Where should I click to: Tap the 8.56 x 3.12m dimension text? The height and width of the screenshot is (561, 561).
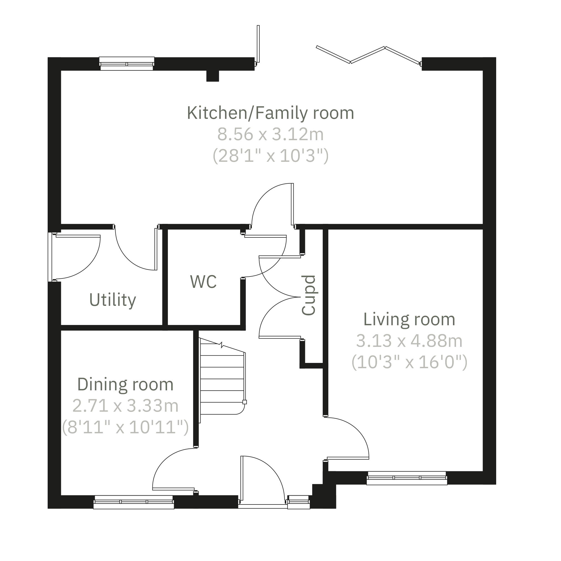tap(270, 134)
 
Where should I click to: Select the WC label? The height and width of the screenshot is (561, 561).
tap(203, 282)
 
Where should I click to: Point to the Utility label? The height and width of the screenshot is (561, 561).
tap(113, 300)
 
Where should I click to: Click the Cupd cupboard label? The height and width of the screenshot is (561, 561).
tap(308, 295)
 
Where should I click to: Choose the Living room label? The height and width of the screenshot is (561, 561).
tap(409, 319)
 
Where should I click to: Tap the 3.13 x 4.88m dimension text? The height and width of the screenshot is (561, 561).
tap(409, 341)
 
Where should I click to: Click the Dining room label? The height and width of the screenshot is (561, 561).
tap(125, 385)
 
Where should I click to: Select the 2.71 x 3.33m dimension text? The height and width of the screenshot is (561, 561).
tap(125, 406)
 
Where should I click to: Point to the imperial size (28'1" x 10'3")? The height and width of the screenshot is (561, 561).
tap(271, 156)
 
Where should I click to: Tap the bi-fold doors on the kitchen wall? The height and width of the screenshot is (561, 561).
tap(368, 55)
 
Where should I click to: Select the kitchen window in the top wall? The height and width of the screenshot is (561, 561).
tap(127, 64)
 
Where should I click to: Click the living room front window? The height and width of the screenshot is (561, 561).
tap(406, 478)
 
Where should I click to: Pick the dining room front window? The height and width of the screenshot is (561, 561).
tap(134, 502)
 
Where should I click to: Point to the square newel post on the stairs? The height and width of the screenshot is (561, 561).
tap(245, 402)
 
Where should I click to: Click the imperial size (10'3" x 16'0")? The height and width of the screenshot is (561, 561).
tap(409, 362)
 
